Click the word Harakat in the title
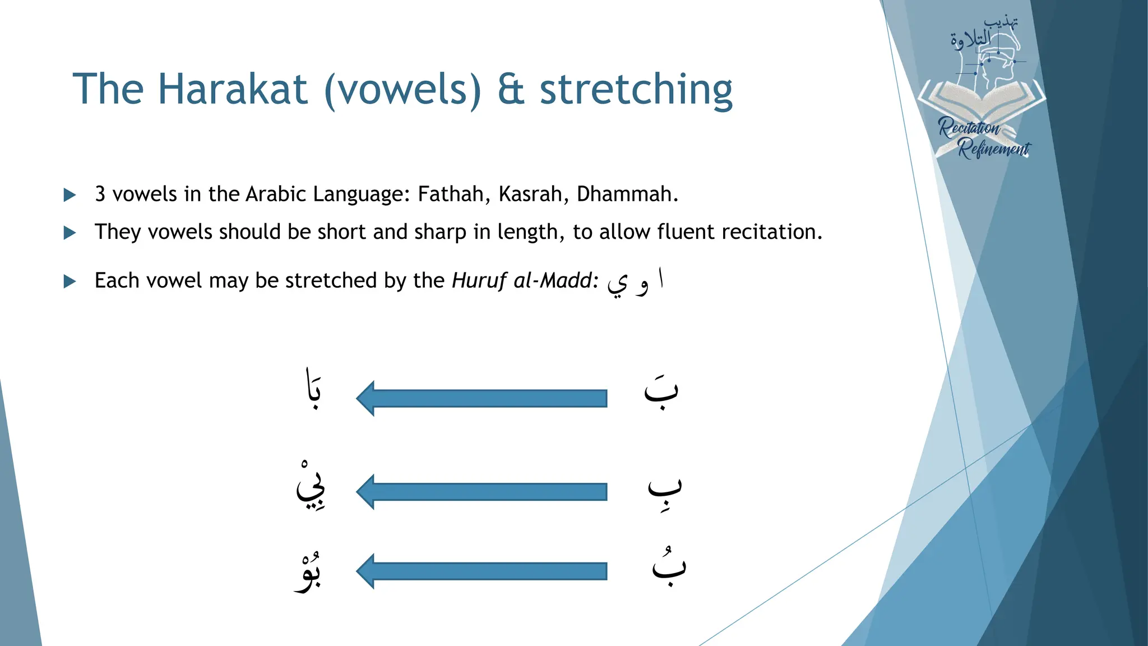coord(232,89)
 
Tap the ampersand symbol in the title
coord(511,90)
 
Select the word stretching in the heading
coord(636,90)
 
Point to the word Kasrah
coord(530,194)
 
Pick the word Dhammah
coord(624,194)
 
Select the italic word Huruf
coord(479,280)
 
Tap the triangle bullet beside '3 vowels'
coord(70,195)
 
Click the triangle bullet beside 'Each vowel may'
coord(70,282)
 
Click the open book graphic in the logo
coord(981,101)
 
